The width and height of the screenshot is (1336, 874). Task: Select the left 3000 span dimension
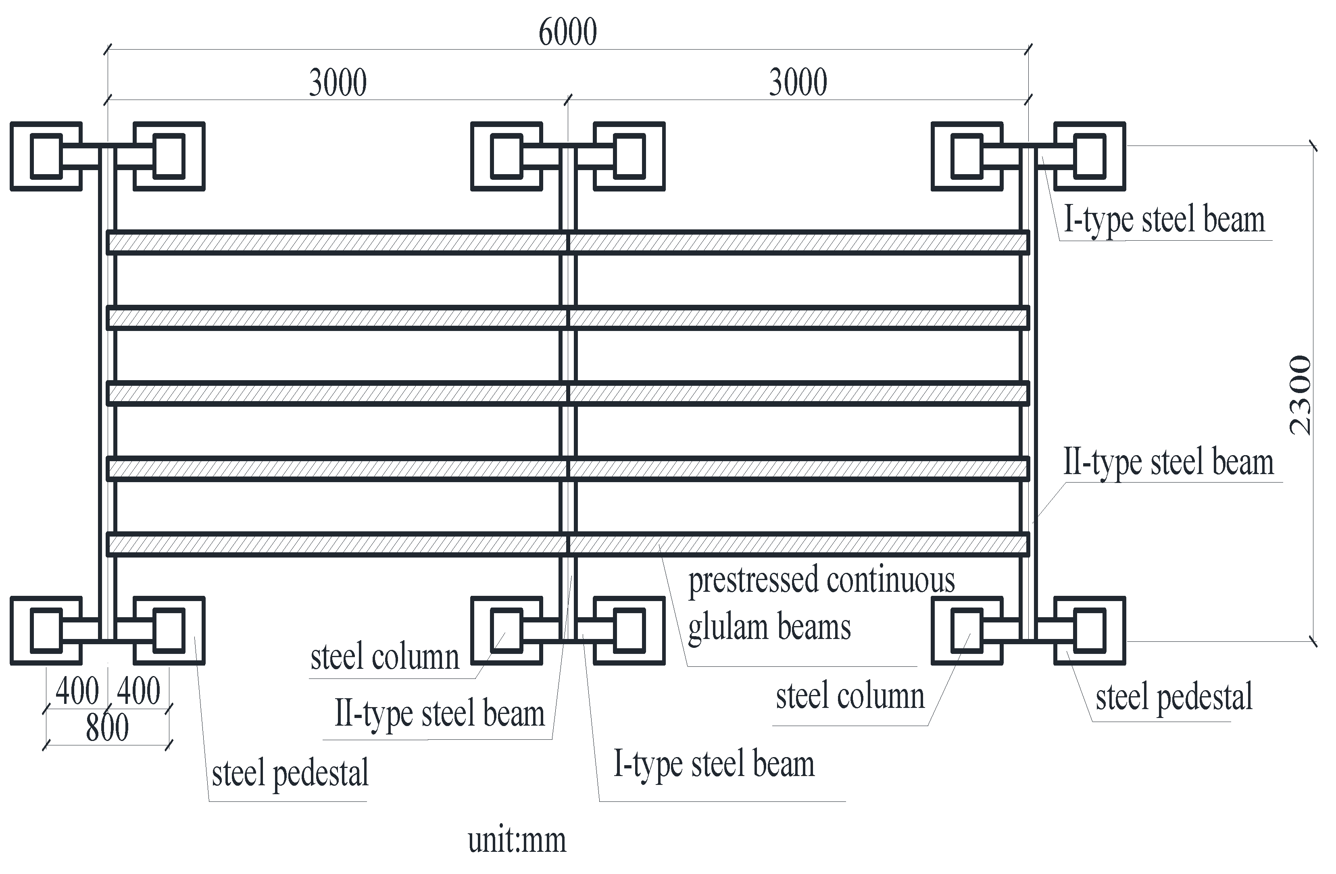(x=338, y=83)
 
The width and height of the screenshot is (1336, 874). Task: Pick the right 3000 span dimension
(x=798, y=83)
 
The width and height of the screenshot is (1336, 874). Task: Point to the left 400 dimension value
(x=77, y=691)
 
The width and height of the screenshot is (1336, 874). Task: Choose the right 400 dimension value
(x=139, y=691)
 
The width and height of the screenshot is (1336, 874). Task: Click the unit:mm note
(x=517, y=840)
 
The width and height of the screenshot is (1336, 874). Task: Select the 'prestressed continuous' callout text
(x=821, y=581)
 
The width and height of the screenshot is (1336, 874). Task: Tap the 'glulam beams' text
(x=769, y=628)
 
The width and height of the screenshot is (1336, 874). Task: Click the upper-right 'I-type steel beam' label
(x=1164, y=220)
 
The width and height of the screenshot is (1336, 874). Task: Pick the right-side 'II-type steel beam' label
(x=1169, y=463)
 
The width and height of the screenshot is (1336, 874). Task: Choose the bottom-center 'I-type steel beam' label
(x=713, y=764)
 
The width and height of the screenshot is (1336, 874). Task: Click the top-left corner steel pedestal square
(x=46, y=156)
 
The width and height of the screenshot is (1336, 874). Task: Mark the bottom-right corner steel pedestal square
(x=1090, y=631)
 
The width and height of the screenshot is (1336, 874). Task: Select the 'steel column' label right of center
(x=850, y=697)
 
